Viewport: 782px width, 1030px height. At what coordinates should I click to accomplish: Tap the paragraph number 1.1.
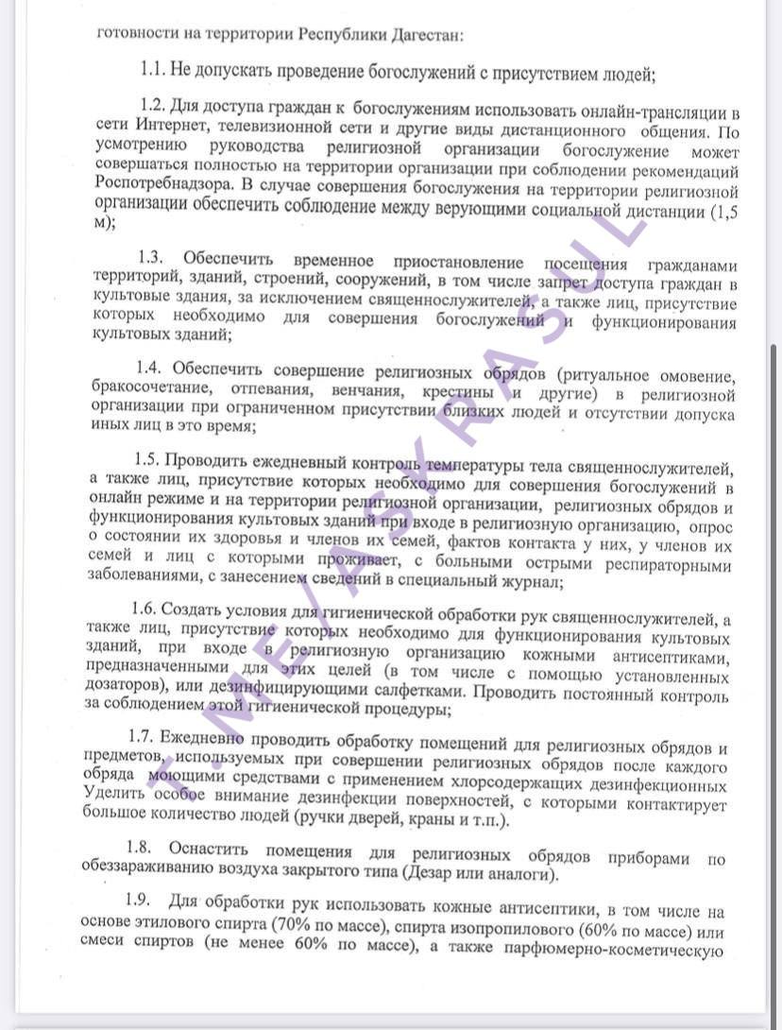(153, 69)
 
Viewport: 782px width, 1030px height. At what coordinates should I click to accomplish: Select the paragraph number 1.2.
(153, 104)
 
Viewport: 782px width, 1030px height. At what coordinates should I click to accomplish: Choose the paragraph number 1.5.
(148, 459)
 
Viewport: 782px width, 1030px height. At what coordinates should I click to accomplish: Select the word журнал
(530, 583)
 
